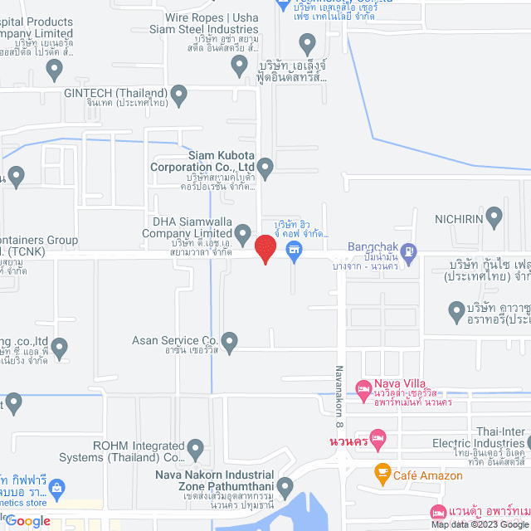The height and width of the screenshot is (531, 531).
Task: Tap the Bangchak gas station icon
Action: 409,251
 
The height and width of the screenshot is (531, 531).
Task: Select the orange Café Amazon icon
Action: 382,473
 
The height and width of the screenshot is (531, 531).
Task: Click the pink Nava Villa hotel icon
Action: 363,388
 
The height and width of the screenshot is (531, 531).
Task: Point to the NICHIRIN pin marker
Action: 494,219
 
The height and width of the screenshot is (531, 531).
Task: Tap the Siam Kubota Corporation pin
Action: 265,168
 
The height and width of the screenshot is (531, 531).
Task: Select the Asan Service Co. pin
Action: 230,341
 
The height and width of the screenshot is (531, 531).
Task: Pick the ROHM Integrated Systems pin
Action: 196,450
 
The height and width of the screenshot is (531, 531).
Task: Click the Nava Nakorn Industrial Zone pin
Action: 285,487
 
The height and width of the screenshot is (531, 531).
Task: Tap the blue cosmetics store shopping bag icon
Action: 56,487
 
